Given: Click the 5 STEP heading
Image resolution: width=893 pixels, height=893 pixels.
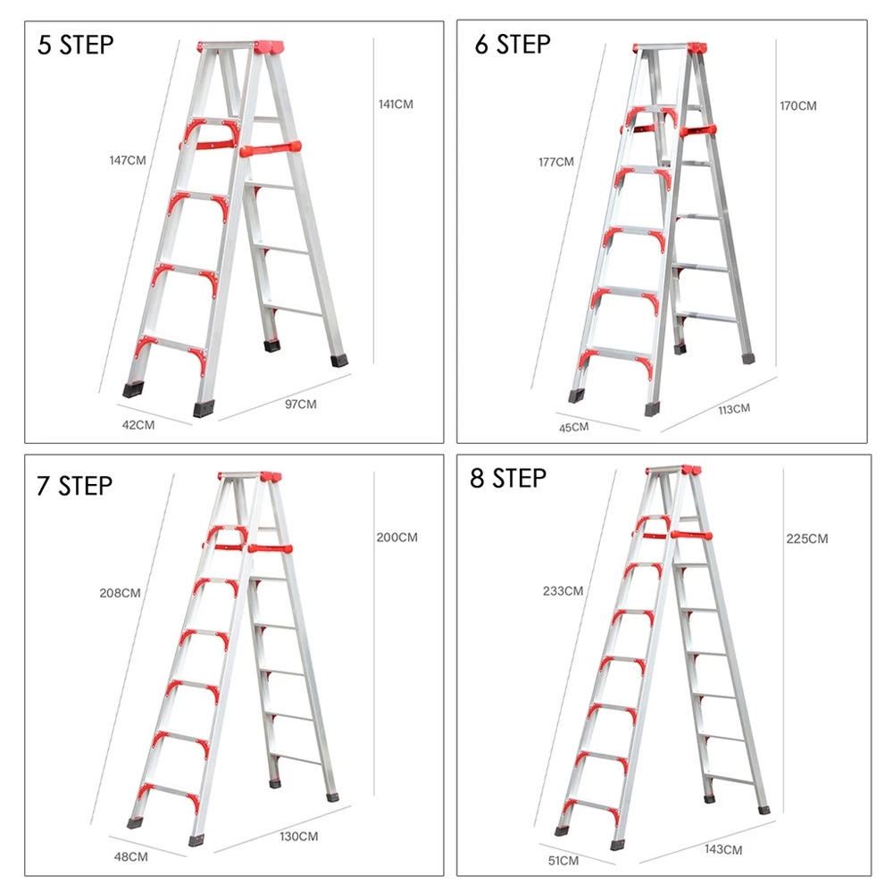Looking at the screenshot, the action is pyautogui.click(x=76, y=45).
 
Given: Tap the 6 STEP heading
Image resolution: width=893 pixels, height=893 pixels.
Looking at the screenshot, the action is pyautogui.click(x=513, y=45).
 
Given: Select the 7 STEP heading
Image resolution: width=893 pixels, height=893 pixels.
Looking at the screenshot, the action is pyautogui.click(x=75, y=487).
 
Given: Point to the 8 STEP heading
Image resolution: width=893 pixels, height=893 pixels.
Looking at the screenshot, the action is pyautogui.click(x=508, y=479).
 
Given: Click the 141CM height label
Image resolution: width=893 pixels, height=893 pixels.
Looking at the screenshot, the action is pyautogui.click(x=396, y=104).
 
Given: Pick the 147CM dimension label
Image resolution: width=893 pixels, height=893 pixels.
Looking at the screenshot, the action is pyautogui.click(x=128, y=161).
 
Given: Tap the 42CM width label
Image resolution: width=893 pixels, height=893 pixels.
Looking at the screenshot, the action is pyautogui.click(x=138, y=425).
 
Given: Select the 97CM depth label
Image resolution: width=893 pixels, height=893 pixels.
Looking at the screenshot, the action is pyautogui.click(x=301, y=405).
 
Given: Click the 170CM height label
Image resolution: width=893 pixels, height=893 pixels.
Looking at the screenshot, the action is pyautogui.click(x=797, y=106).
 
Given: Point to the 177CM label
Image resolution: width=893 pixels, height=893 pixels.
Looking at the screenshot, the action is pyautogui.click(x=556, y=163).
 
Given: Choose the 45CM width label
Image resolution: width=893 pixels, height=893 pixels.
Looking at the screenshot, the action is pyautogui.click(x=573, y=427).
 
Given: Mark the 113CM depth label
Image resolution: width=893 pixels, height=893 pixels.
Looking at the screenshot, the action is pyautogui.click(x=734, y=409).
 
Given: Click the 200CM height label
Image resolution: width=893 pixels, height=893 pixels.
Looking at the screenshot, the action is pyautogui.click(x=397, y=538).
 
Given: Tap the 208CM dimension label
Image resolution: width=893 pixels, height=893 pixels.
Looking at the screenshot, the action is pyautogui.click(x=121, y=594).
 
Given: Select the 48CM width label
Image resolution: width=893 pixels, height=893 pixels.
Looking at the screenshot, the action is pyautogui.click(x=131, y=856).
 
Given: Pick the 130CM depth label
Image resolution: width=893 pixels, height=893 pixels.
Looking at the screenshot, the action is pyautogui.click(x=299, y=837).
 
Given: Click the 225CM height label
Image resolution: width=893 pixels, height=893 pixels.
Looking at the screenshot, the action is pyautogui.click(x=807, y=538).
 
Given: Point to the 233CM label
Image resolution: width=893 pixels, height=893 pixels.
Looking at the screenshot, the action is pyautogui.click(x=563, y=591).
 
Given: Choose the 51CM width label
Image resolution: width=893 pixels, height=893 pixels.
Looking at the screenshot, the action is pyautogui.click(x=563, y=861).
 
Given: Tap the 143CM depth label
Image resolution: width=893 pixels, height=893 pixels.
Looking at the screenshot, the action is pyautogui.click(x=723, y=850).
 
